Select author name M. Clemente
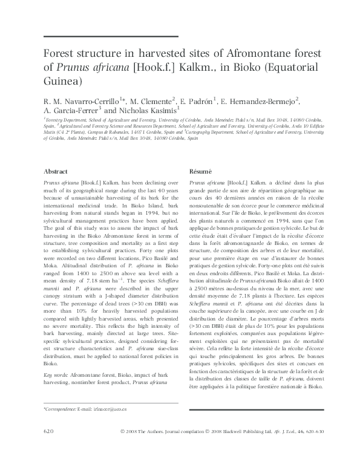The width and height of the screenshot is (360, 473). [151, 100]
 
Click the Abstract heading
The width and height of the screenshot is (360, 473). [56, 171]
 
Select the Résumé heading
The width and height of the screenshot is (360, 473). [200, 171]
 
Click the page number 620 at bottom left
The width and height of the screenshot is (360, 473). [50, 431]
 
